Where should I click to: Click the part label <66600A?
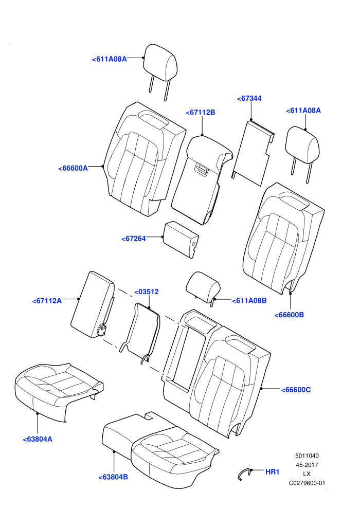[73, 168]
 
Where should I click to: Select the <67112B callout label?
[200, 112]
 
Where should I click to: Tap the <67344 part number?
[249, 98]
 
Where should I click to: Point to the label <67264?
[133, 239]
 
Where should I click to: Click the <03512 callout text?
[147, 292]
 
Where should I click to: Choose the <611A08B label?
[249, 301]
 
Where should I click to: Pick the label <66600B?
[289, 315]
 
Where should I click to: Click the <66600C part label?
[296, 390]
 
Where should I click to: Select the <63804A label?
[38, 439]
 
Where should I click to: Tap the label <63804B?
[113, 477]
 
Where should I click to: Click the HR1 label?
[273, 471]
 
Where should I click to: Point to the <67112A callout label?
[47, 301]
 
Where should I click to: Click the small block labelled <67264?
[181, 239]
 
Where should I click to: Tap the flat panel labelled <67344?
[253, 153]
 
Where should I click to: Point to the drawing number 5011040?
[307, 456]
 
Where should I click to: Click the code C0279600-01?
[307, 483]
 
